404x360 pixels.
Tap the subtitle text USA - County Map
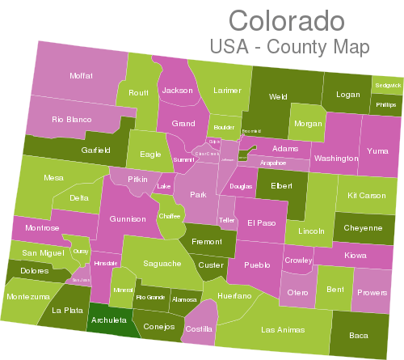point(288,47)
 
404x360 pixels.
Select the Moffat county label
point(81,75)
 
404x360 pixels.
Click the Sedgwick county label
point(387,85)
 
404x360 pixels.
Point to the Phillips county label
point(386,105)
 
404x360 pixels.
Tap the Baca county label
point(358,335)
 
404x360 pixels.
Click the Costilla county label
point(198,329)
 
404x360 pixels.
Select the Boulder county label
point(225,127)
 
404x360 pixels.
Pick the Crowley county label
point(298,260)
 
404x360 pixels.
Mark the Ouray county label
point(80,252)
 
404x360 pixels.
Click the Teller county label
point(227,220)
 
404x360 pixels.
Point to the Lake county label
point(164,187)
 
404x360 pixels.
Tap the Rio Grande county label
point(150,297)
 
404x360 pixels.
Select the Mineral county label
point(124,290)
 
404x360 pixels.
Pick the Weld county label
point(278,97)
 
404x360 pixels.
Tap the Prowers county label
point(371,293)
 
